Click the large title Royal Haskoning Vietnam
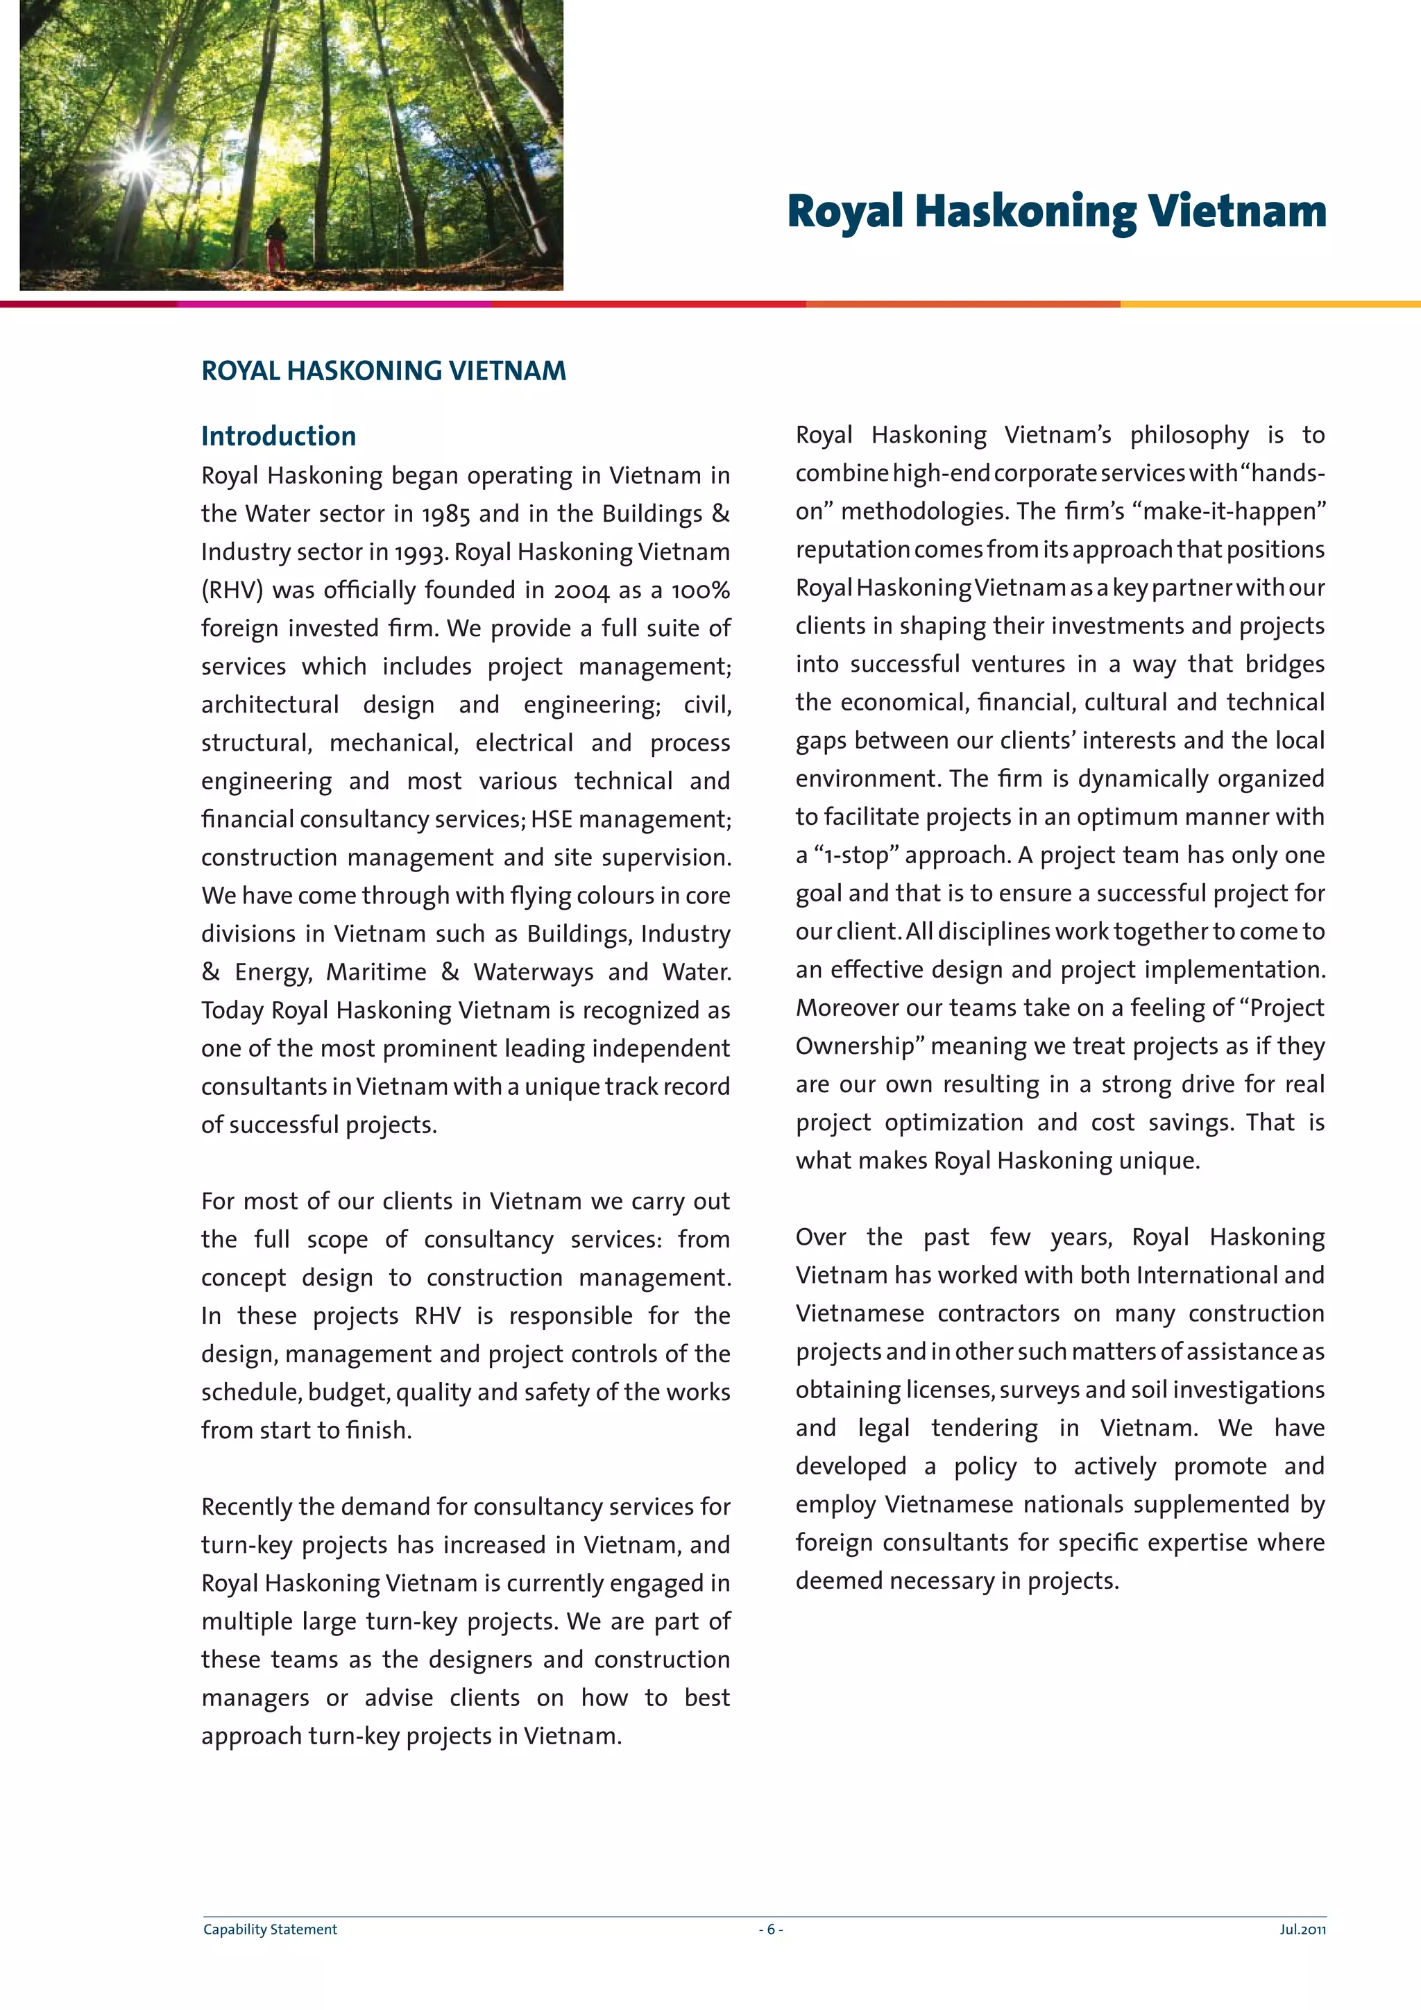point(1056,211)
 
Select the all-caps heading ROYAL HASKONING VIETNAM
point(384,371)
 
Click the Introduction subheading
point(278,436)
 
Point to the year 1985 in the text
point(445,514)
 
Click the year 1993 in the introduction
point(420,552)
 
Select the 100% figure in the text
point(700,590)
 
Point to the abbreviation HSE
point(552,819)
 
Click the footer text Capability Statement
point(270,1930)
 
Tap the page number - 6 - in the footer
point(770,1930)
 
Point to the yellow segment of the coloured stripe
point(1270,304)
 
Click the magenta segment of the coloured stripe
point(333,304)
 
